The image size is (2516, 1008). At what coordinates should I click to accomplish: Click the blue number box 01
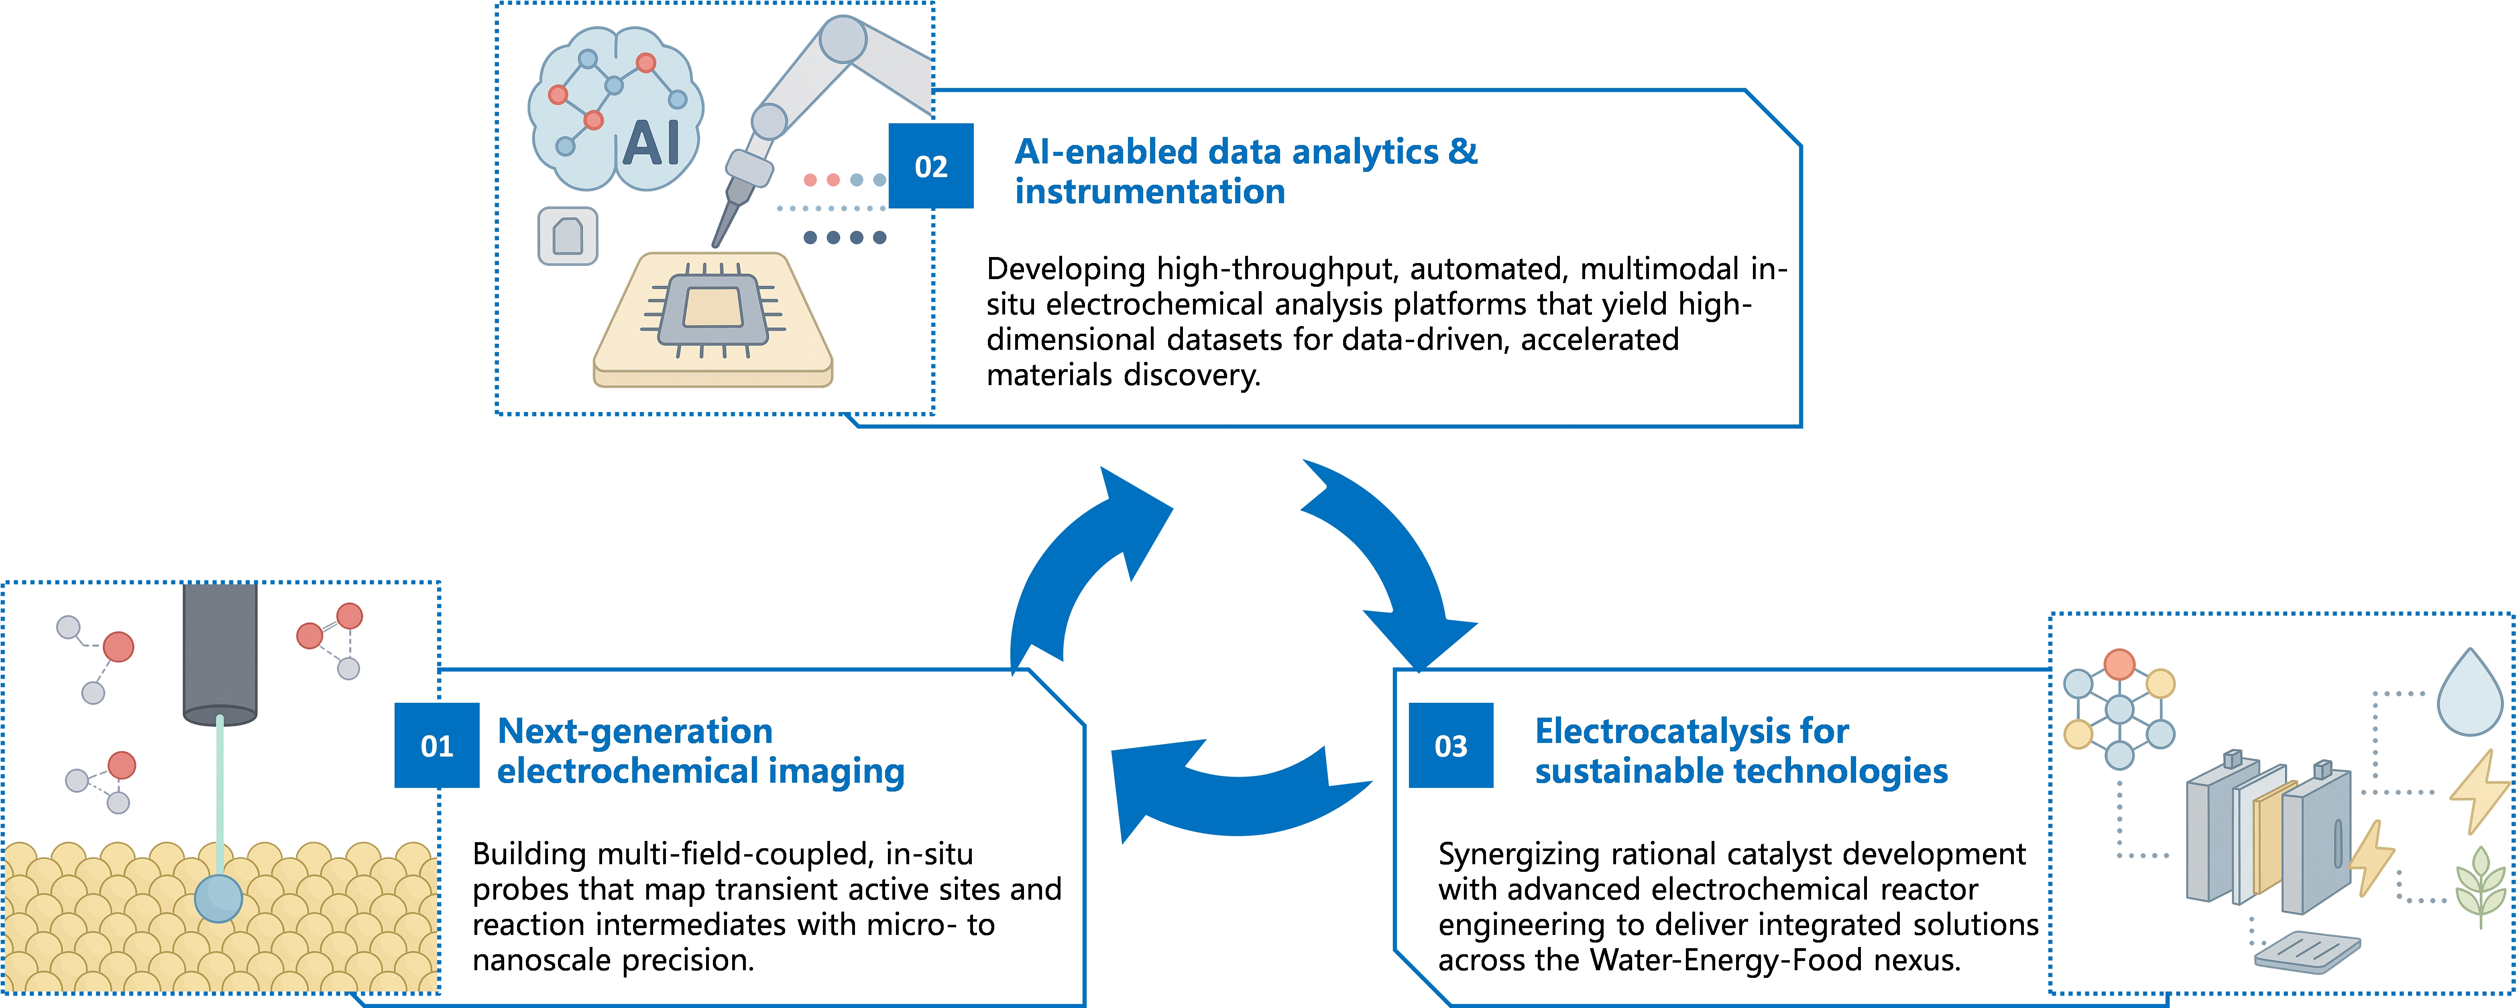point(437,745)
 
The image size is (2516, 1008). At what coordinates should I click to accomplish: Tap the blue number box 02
point(931,166)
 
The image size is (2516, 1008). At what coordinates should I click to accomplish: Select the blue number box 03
point(1450,745)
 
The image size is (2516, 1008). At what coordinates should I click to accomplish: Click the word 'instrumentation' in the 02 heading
point(1150,192)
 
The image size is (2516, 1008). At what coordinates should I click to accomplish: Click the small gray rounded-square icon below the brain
point(568,235)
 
